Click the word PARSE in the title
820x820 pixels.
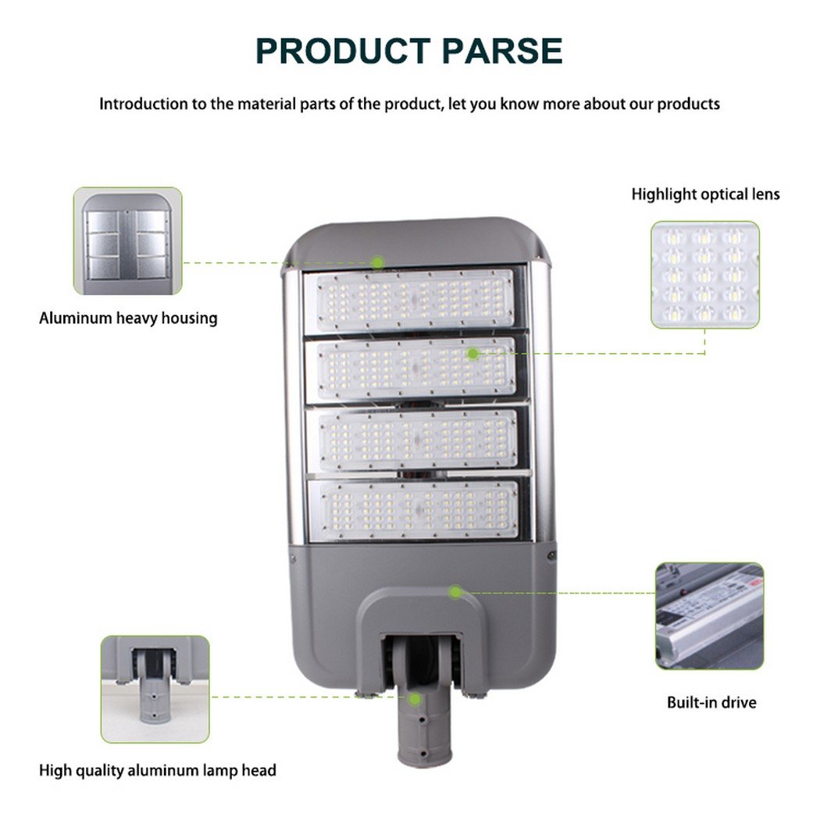(x=502, y=51)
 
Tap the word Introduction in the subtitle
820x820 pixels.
(x=144, y=104)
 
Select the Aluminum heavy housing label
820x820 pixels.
(x=128, y=318)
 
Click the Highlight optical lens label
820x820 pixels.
(x=705, y=194)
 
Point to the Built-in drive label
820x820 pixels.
(x=711, y=702)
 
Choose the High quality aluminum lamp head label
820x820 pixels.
(x=158, y=770)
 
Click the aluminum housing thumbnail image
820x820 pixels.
(x=128, y=241)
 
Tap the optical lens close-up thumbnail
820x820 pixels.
(x=705, y=275)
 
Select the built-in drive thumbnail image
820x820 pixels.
(x=710, y=616)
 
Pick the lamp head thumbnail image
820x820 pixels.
(x=155, y=690)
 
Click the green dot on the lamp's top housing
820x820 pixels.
(x=377, y=262)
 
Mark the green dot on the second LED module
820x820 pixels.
(x=472, y=354)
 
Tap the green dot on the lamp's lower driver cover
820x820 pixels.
(x=455, y=593)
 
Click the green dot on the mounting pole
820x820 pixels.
(x=415, y=699)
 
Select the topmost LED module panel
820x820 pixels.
(x=415, y=300)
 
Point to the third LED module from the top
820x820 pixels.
(x=417, y=439)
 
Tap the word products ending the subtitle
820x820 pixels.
(x=688, y=104)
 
